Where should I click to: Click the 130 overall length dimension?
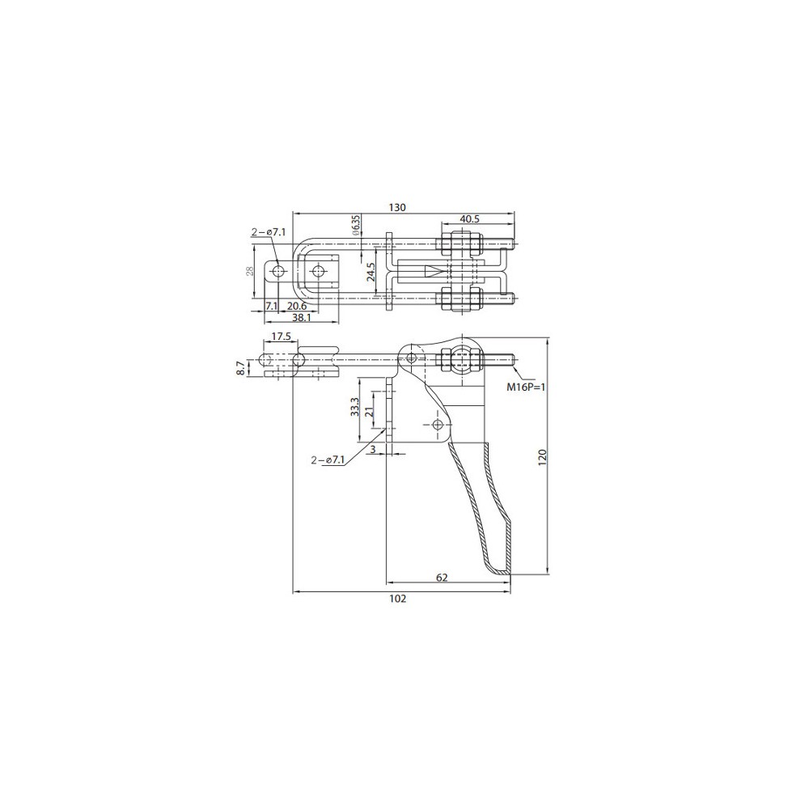tap(397, 207)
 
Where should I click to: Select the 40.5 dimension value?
tap(469, 218)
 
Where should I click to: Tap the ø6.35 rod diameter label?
tap(355, 226)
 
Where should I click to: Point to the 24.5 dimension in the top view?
tap(371, 271)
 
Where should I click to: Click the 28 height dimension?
tap(249, 271)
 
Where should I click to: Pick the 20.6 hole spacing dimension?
tap(297, 307)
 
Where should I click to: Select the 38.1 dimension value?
tap(301, 318)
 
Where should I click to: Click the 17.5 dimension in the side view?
tap(282, 337)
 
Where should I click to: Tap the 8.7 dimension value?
tap(240, 368)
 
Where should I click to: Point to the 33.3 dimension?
tap(354, 408)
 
